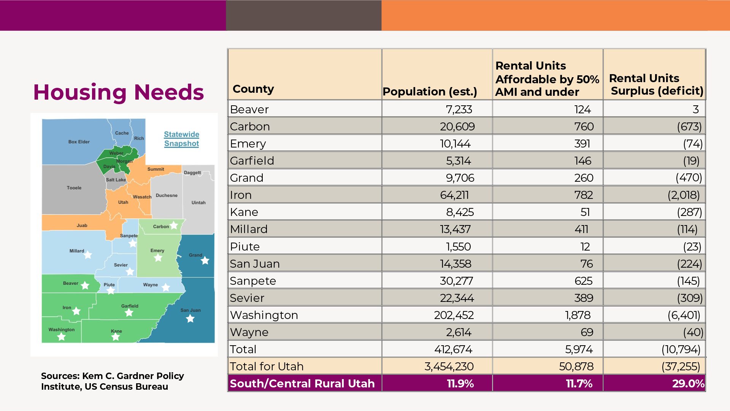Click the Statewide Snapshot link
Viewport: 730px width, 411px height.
181,139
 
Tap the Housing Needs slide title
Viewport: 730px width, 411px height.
118,92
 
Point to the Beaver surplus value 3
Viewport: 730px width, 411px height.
695,109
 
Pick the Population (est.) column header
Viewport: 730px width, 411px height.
430,92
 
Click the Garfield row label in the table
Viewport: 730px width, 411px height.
252,161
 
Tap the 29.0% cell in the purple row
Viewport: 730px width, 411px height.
688,384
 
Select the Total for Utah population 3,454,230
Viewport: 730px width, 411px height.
449,367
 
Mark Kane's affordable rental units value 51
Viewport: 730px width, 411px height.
585,212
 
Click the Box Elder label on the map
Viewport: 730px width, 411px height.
79,142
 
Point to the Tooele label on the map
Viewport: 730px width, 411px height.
74,188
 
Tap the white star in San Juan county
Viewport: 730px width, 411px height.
190,319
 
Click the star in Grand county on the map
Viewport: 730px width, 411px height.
205,260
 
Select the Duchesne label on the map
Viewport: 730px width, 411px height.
167,195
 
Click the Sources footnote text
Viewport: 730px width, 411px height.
112,381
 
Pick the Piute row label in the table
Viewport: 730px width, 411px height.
244,247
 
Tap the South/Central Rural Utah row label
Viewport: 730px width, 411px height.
302,384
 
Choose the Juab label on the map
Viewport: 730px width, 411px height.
82,225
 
